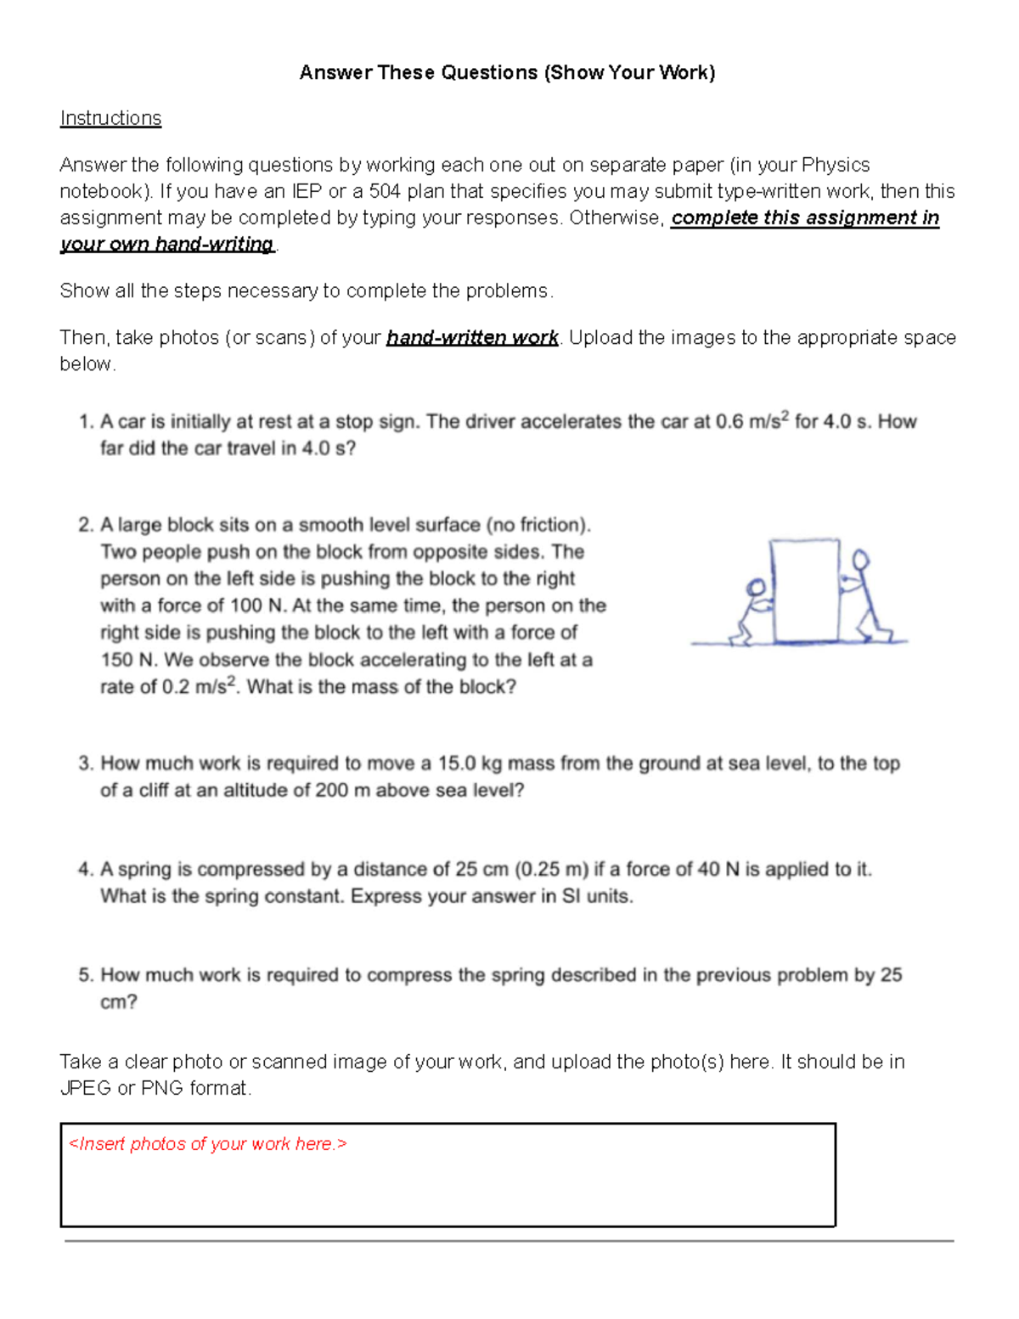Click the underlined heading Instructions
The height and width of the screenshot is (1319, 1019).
(110, 118)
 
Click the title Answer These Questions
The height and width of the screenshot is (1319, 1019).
(507, 72)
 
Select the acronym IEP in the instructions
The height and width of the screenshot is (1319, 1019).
(307, 191)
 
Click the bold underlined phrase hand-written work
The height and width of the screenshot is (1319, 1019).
(472, 338)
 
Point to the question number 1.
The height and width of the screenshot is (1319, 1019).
(85, 422)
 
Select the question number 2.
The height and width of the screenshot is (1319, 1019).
(85, 525)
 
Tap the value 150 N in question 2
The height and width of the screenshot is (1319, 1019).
(128, 660)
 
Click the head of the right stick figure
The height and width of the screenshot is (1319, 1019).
(861, 559)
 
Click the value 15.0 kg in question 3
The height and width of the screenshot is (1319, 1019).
(469, 764)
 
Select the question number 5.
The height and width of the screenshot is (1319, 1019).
(85, 975)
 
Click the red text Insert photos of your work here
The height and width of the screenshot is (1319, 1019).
(208, 1144)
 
